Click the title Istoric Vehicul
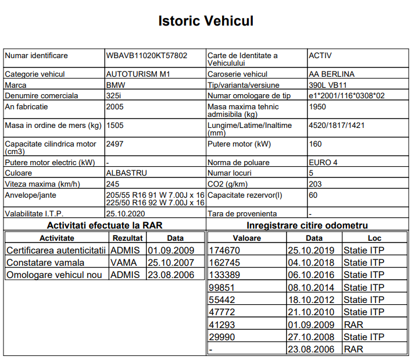point(205,22)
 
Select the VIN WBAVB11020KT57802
point(146,56)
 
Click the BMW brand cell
point(116,85)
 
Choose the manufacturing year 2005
point(115,106)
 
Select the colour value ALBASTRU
point(126,173)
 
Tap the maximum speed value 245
point(112,184)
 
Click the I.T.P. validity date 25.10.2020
point(125,213)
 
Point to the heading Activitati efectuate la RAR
point(105,225)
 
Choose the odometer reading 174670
point(224,250)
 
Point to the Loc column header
point(374,238)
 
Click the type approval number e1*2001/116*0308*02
point(347,95)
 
